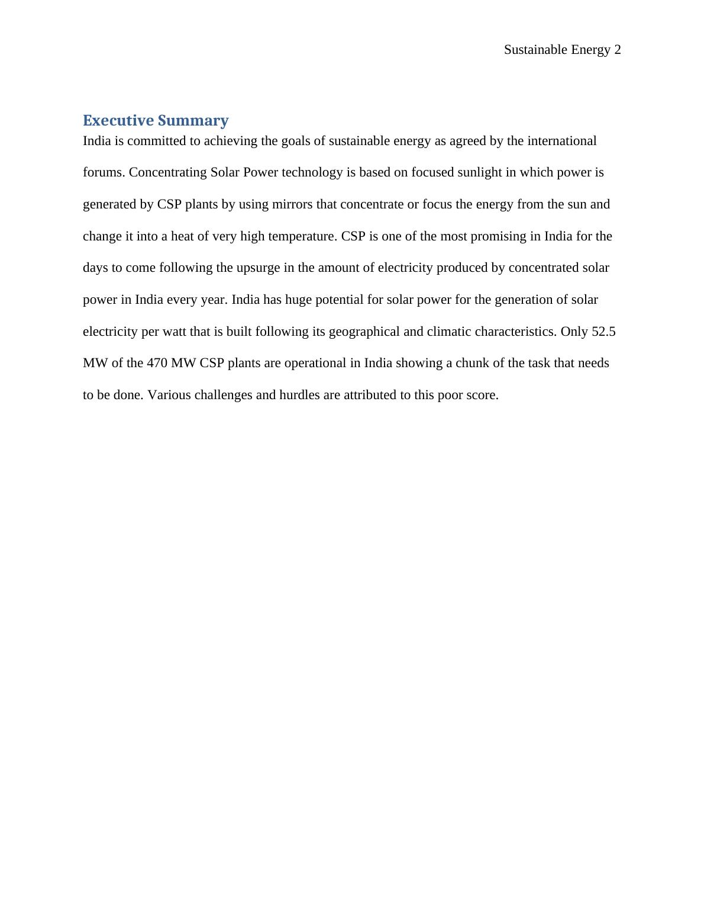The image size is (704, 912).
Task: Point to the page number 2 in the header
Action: pyautogui.click(x=617, y=50)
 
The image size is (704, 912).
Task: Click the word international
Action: pyautogui.click(x=561, y=141)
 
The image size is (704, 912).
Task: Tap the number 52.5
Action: pyautogui.click(x=603, y=332)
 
